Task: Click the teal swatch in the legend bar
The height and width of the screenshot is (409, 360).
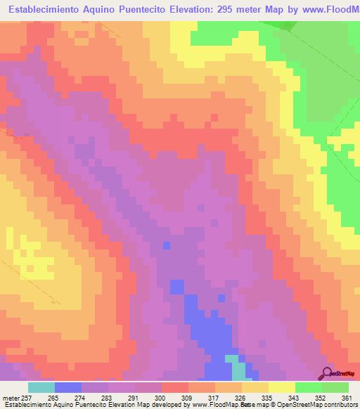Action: [x=41, y=387]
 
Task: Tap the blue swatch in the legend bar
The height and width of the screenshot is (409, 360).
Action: [x=67, y=387]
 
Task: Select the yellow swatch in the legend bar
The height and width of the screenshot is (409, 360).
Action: [x=281, y=387]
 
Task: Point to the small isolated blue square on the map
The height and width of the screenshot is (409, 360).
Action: [x=166, y=245]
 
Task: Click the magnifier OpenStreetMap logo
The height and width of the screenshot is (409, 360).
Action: [x=328, y=372]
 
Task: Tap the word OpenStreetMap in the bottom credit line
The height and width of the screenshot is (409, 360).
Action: [x=286, y=405]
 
